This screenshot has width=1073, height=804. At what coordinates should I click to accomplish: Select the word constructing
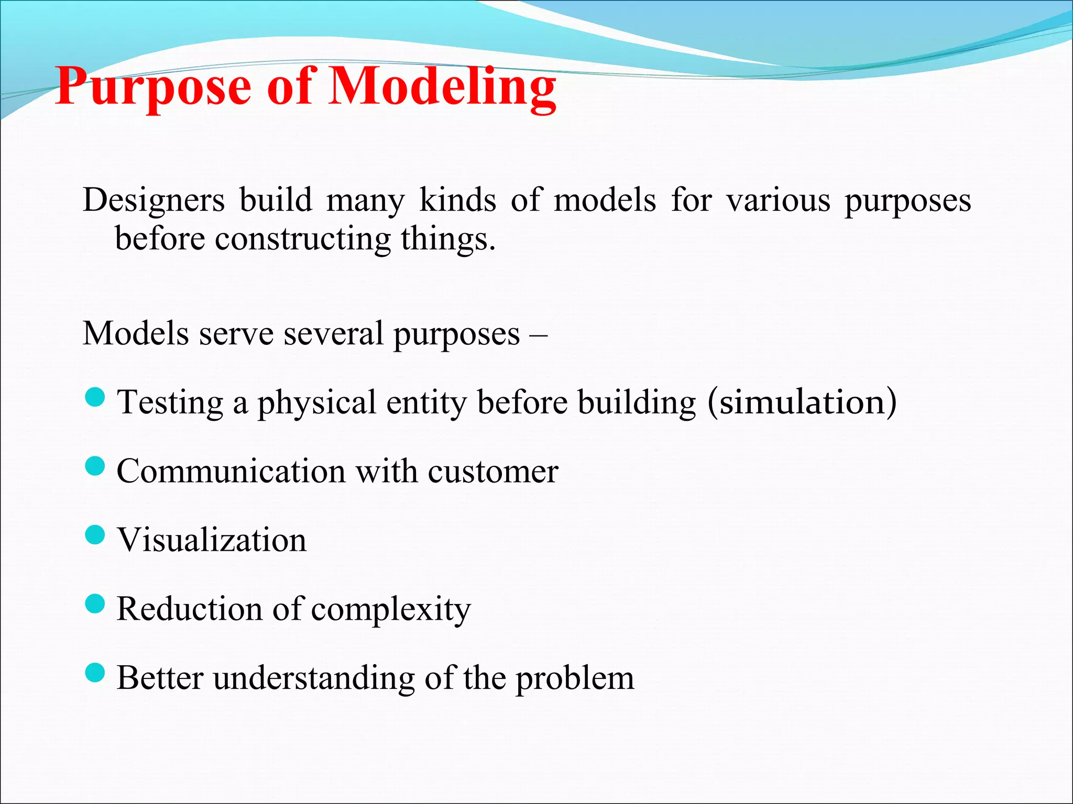(303, 239)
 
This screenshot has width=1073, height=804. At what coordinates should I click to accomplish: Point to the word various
(778, 200)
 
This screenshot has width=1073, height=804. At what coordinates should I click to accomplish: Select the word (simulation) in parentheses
(802, 403)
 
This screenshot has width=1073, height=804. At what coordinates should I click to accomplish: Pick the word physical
(316, 404)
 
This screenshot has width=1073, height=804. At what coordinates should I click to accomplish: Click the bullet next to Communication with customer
(95, 466)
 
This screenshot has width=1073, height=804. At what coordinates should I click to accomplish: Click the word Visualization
(212, 540)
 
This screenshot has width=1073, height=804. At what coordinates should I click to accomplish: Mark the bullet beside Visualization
(95, 535)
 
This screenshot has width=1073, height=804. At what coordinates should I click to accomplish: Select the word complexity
(391, 610)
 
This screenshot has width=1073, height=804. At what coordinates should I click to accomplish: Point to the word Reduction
(189, 609)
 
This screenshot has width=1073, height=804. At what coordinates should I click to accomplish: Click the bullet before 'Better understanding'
(95, 673)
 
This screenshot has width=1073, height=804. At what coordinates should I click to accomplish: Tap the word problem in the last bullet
(575, 679)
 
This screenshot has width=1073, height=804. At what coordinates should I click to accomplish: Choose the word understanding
(314, 679)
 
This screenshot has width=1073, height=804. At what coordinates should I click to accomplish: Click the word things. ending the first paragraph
(448, 239)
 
